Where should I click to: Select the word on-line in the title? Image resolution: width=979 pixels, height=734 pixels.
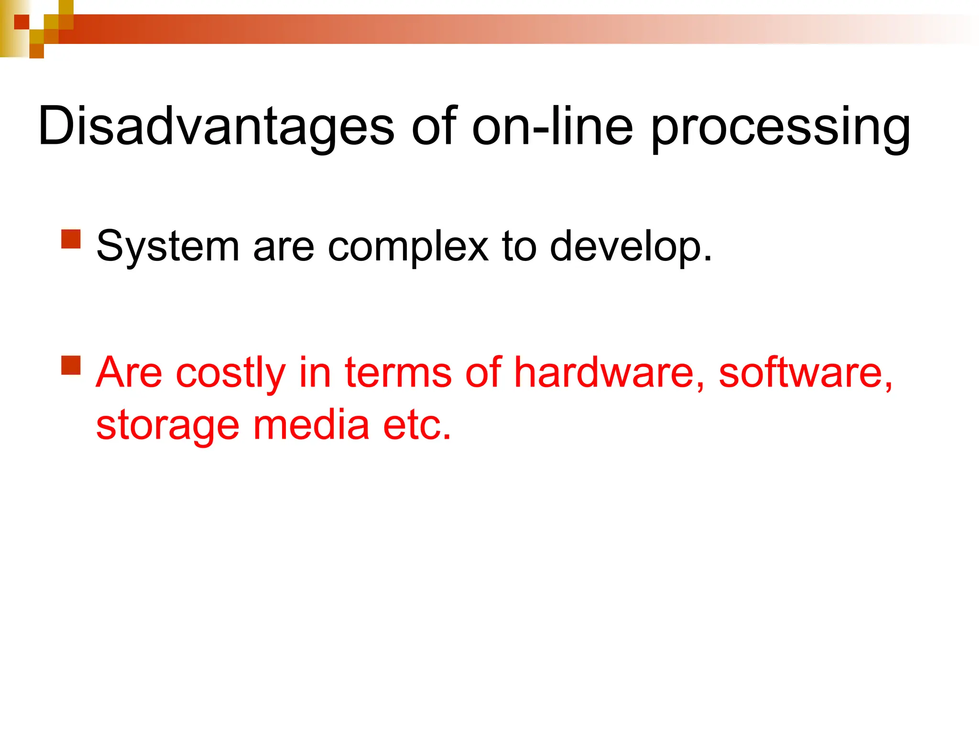coord(552,127)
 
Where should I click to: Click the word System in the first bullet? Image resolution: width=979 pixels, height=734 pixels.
coord(167,248)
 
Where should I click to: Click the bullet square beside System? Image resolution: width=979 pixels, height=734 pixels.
coord(71,239)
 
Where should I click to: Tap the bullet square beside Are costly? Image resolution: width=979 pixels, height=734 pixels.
coord(71,365)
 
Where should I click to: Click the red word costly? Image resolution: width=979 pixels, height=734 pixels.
coord(230,373)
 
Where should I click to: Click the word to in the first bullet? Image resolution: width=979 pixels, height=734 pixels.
coord(519,248)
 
